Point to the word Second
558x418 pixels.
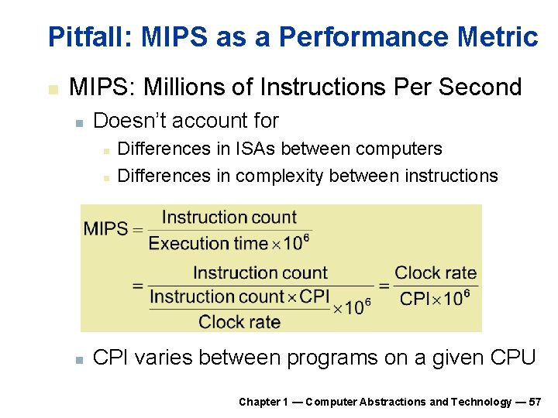480,87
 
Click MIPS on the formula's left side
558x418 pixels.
105,229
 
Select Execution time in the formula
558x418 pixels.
208,243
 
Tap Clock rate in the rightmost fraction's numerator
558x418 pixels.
436,272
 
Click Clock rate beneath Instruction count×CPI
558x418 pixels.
239,321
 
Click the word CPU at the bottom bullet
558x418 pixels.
513,358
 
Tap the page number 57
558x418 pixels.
535,402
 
